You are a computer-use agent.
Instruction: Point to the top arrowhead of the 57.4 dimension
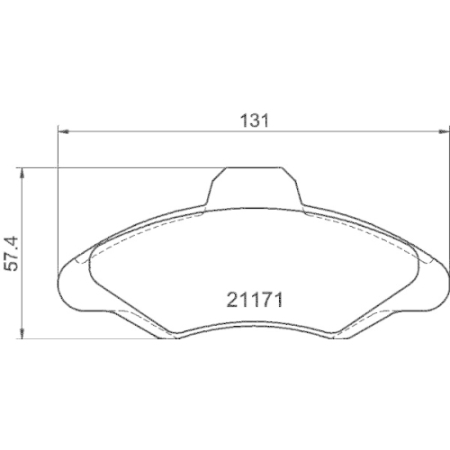point(22,171)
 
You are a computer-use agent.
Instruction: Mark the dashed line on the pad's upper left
point(135,231)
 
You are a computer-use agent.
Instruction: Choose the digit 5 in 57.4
point(8,270)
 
